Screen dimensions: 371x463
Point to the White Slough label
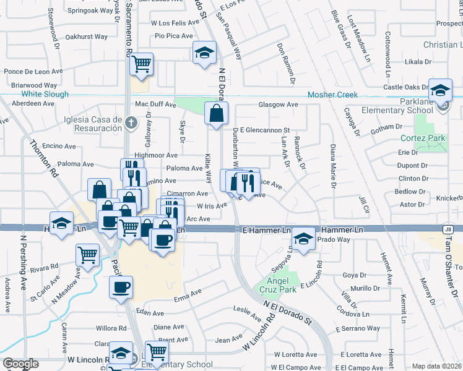point(45,95)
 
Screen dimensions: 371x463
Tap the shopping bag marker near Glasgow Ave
point(216,114)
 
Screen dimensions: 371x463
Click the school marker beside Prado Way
point(303,239)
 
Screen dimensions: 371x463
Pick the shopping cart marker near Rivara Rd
point(87,254)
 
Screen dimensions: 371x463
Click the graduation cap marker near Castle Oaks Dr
point(440,91)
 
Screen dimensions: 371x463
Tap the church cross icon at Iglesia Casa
point(130,122)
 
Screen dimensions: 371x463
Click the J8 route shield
point(447,229)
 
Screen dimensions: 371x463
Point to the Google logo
point(20,364)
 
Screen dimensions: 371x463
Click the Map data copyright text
point(437,366)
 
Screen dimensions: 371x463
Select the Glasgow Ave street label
point(278,105)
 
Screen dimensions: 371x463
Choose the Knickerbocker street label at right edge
point(449,199)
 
